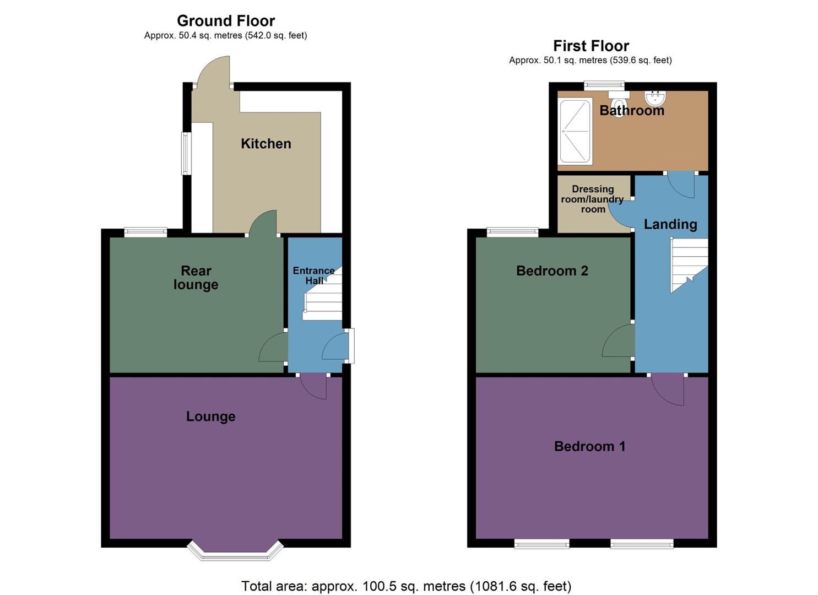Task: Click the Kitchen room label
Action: [x=266, y=144]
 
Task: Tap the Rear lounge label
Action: [x=196, y=278]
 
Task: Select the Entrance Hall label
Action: [x=314, y=275]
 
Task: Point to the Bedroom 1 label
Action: [x=589, y=446]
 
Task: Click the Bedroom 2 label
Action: [x=552, y=271]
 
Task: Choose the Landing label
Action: [x=670, y=224]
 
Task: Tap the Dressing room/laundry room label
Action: [x=593, y=199]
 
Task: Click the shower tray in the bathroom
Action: [x=576, y=131]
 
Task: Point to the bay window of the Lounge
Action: [x=235, y=553]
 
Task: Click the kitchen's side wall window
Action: [x=186, y=153]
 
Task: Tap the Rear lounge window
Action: [x=145, y=232]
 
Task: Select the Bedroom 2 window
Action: [x=512, y=232]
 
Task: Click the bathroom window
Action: [x=604, y=85]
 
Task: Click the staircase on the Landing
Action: [x=689, y=263]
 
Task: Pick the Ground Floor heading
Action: [x=226, y=21]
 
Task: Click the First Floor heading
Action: [x=591, y=46]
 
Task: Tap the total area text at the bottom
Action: [x=406, y=586]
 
